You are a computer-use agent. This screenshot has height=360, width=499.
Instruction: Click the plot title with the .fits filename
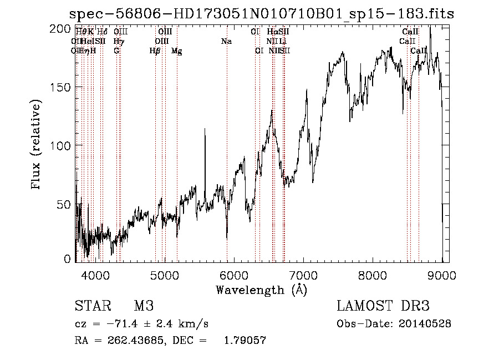(x=261, y=14)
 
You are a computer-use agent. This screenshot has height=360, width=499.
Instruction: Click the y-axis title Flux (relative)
(x=37, y=145)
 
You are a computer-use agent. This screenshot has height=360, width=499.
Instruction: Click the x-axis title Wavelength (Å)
(x=261, y=290)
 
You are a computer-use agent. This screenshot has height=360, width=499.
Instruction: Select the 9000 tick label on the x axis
(x=441, y=275)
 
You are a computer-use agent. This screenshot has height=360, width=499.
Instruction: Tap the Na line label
(x=226, y=42)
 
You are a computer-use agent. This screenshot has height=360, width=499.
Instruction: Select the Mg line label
(x=177, y=51)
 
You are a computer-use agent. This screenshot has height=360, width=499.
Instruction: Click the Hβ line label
(x=155, y=51)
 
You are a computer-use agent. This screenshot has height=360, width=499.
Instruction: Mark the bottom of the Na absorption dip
(x=227, y=239)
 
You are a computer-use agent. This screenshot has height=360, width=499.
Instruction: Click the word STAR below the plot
(x=92, y=306)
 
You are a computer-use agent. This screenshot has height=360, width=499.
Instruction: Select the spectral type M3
(x=144, y=306)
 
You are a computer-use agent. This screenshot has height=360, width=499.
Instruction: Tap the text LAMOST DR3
(x=383, y=306)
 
